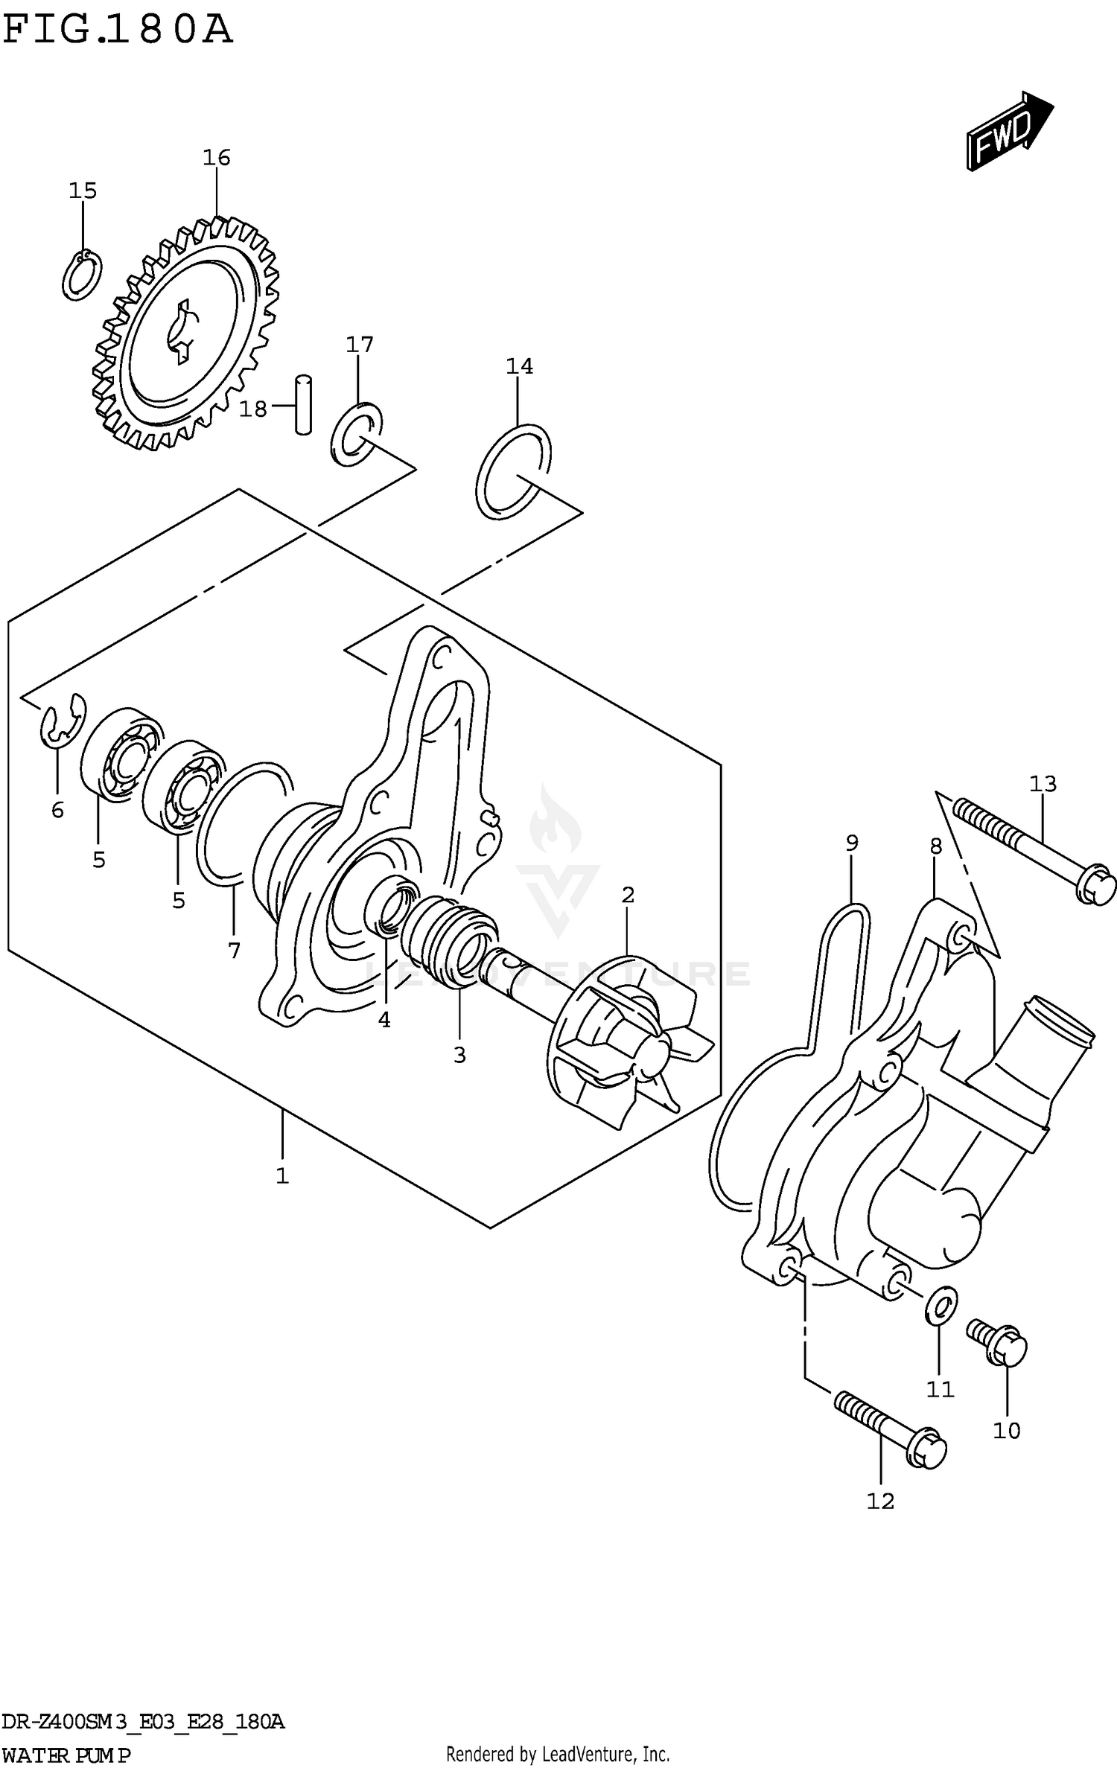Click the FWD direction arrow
coord(1009,131)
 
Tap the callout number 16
coord(217,158)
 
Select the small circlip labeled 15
coord(82,275)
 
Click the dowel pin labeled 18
coord(303,404)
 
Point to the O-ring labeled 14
coord(514,472)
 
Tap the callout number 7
coord(234,951)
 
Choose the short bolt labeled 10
coord(998,1343)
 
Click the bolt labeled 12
coord(890,1428)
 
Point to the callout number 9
coord(852,843)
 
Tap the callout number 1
coord(282,1176)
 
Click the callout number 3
coord(459,1055)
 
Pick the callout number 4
coord(384,1020)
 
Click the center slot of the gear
coord(182,332)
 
